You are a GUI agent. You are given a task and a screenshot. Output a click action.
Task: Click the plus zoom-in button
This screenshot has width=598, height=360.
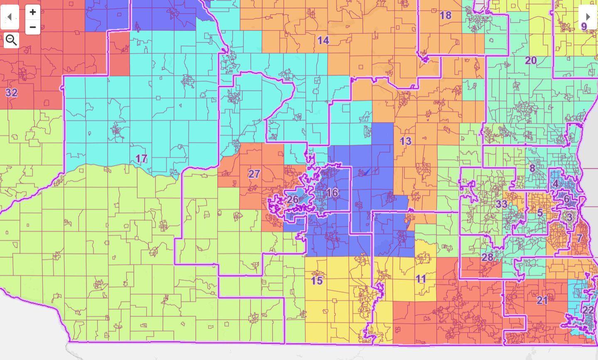(x=33, y=12)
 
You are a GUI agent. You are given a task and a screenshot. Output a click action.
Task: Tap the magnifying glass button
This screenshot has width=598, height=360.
(x=11, y=40)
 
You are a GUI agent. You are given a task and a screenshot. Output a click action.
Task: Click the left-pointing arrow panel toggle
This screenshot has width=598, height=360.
(x=10, y=17)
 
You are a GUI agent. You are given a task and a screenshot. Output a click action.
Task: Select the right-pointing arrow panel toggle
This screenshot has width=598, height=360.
(x=588, y=17)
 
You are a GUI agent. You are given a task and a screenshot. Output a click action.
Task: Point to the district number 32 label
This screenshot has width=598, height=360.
(x=11, y=93)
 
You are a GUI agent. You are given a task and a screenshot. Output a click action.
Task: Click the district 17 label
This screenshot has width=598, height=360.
(x=141, y=158)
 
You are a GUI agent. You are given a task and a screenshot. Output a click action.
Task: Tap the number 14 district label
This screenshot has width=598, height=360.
(x=323, y=40)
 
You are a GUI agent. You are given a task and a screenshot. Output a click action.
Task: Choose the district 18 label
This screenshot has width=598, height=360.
(x=445, y=15)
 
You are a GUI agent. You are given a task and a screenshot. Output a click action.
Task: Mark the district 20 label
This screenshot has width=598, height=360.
(x=531, y=61)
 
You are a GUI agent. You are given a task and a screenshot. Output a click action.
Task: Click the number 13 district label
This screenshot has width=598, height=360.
(x=406, y=141)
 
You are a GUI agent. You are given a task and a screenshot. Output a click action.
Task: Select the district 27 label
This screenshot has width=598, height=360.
(x=254, y=174)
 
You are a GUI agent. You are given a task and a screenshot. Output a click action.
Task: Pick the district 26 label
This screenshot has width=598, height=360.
(x=293, y=200)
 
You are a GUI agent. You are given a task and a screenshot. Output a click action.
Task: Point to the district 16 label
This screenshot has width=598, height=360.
(x=332, y=193)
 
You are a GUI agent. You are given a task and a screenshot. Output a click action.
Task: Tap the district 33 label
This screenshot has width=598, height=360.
(x=502, y=204)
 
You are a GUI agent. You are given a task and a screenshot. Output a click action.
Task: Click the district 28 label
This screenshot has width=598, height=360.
(x=487, y=257)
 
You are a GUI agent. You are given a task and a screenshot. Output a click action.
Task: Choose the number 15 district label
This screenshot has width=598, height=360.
(x=317, y=281)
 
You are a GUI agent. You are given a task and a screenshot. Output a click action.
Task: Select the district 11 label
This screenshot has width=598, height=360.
(x=421, y=279)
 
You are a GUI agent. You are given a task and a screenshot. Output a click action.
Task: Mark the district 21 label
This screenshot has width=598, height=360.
(x=542, y=300)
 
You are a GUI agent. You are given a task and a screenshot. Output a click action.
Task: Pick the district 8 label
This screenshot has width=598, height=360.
(x=532, y=168)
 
